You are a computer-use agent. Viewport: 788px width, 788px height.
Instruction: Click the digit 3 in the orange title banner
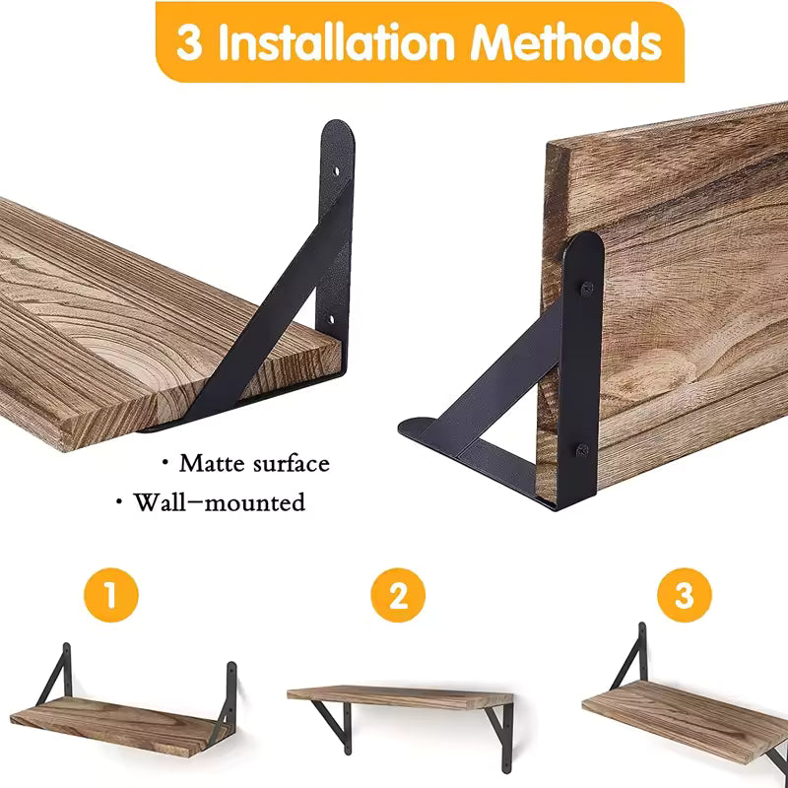189,43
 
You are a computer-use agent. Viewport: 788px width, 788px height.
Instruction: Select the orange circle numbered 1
110,596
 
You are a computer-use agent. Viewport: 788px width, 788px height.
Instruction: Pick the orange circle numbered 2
397,596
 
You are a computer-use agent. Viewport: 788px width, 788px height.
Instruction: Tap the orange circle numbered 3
684,596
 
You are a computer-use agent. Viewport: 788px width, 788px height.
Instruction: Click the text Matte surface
253,463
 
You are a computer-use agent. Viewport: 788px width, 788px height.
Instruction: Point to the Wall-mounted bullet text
219,502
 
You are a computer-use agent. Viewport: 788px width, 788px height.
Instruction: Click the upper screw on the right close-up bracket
586,288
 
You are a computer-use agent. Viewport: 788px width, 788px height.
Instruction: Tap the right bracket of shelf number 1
230,694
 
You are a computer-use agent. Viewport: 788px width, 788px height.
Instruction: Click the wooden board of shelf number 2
399,696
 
